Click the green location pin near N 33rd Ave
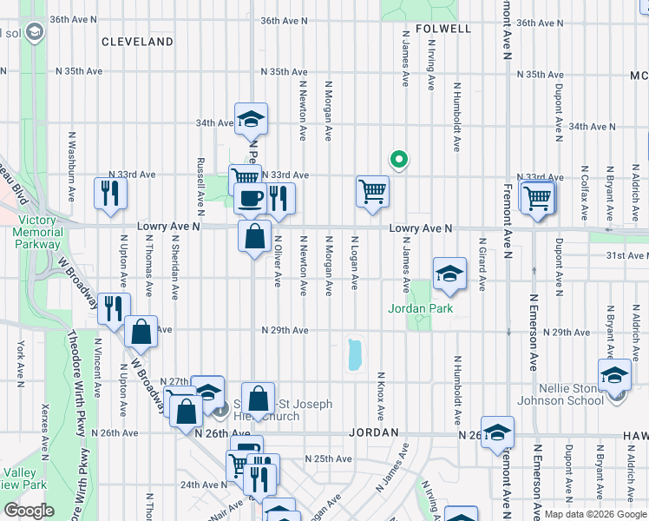399,160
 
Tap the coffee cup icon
251,198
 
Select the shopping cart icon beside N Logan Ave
372,190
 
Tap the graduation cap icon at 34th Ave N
251,118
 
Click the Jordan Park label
421,308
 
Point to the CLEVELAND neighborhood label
137,42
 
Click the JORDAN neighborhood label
374,432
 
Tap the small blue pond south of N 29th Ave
355,354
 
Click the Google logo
29,511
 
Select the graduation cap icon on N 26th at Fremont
498,432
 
